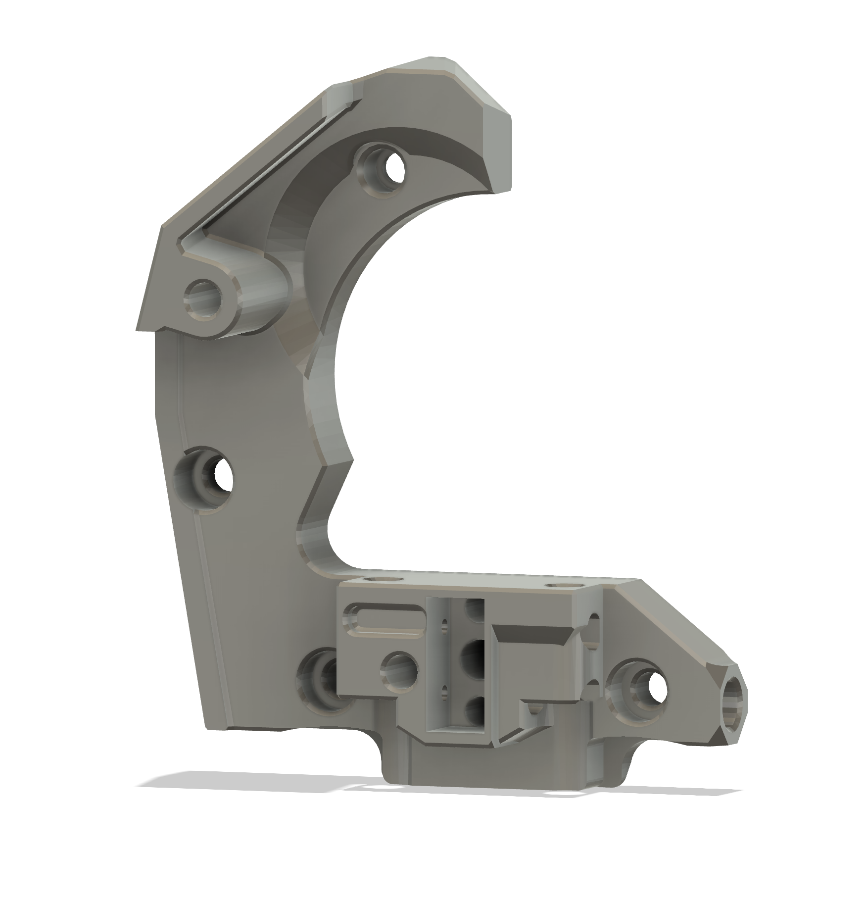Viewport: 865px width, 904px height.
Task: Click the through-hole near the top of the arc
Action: tap(393, 171)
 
